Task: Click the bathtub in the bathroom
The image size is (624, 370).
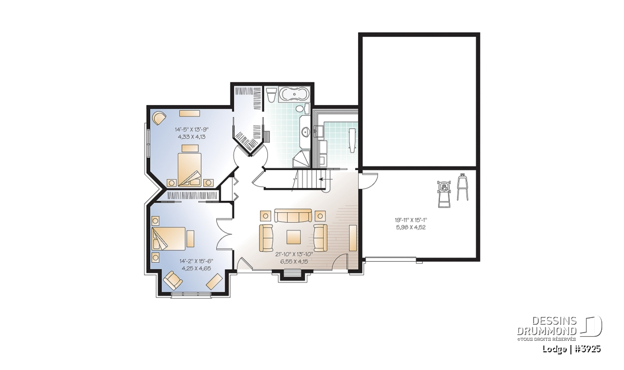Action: click(x=294, y=94)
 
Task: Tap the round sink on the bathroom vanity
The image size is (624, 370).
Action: click(x=306, y=131)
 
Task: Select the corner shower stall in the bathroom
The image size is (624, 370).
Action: click(x=302, y=158)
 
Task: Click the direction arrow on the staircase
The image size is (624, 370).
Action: click(x=325, y=179)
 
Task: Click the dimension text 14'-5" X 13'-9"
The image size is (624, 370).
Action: click(x=192, y=130)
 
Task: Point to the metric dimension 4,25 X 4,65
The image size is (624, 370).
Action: click(x=196, y=269)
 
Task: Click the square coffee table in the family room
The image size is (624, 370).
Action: click(x=294, y=237)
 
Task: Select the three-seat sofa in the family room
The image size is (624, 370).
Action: click(x=293, y=215)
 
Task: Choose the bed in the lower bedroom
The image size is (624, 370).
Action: click(x=168, y=238)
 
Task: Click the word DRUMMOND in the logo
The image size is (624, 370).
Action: click(x=547, y=331)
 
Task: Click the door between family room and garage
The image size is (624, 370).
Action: click(x=368, y=181)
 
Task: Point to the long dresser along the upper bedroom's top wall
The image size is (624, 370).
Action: click(x=190, y=113)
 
